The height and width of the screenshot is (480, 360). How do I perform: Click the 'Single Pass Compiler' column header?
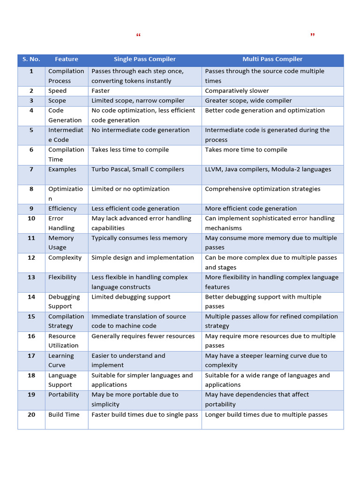(145, 59)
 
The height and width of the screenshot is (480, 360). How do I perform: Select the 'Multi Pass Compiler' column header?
(272, 59)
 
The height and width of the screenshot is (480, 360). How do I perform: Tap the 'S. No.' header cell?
(31, 59)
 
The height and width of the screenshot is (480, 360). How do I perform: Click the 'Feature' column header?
(67, 59)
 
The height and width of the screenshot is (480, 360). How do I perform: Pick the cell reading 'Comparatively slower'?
(237, 91)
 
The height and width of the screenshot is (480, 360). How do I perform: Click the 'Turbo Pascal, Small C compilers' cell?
(138, 169)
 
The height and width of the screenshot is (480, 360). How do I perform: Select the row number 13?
(31, 277)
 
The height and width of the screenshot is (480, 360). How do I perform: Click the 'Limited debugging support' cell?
(131, 297)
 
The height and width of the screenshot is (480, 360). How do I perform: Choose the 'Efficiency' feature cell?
(62, 209)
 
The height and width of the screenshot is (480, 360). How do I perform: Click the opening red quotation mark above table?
(138, 36)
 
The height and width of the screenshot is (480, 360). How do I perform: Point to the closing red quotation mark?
(313, 35)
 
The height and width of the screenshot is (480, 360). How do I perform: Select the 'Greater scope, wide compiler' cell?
(248, 101)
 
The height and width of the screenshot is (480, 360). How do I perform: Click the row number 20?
(31, 414)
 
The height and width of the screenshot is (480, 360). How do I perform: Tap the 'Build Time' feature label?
(64, 414)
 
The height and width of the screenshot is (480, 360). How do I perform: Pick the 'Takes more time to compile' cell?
(246, 150)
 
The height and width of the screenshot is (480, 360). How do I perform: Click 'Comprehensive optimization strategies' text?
(262, 189)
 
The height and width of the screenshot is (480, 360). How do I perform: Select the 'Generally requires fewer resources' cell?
(143, 336)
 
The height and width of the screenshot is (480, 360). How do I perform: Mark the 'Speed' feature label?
(57, 91)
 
